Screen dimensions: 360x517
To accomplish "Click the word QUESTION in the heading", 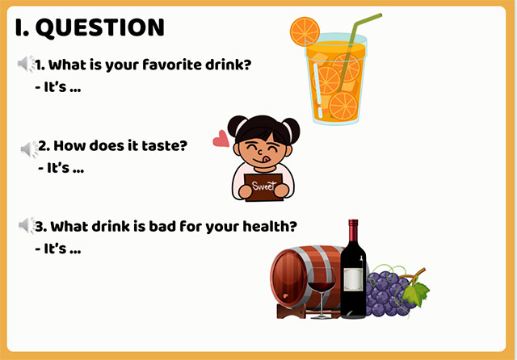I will tap(101, 27).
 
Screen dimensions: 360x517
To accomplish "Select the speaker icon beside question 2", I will tap(30, 149).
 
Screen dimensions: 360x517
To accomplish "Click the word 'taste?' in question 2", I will tap(165, 146).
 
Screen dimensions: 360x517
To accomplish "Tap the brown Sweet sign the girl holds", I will tap(264, 186).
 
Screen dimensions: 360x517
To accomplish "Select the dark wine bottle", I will tap(353, 274).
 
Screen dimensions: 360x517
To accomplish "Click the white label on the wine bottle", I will tap(353, 279).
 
